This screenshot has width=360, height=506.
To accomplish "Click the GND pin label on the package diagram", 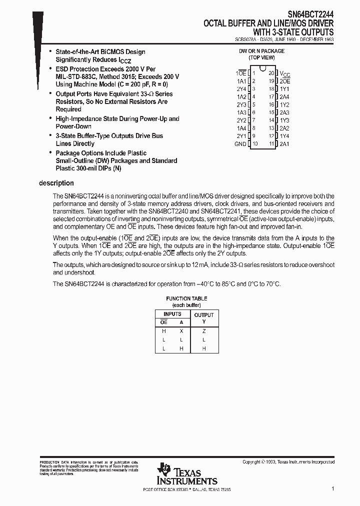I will click(x=240, y=144).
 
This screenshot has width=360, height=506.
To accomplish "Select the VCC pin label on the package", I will click(x=284, y=73).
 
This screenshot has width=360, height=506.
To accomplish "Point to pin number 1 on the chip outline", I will click(x=253, y=73).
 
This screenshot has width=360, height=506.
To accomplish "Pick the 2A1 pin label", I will click(x=284, y=144).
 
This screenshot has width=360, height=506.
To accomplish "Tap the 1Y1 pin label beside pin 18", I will click(x=284, y=88).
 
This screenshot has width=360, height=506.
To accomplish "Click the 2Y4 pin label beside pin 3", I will click(x=241, y=88).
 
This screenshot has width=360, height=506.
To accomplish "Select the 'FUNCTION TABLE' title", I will click(x=186, y=298).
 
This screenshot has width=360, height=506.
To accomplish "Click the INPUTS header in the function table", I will click(x=172, y=314).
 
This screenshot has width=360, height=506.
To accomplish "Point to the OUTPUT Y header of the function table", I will click(x=203, y=318).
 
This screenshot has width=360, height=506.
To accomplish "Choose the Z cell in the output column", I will click(x=204, y=330).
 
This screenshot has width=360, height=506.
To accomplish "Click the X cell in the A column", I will click(x=181, y=330).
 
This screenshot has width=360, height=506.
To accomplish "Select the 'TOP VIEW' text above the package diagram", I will click(x=262, y=57).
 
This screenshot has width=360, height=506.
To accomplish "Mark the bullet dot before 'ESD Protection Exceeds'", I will click(x=50, y=69).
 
